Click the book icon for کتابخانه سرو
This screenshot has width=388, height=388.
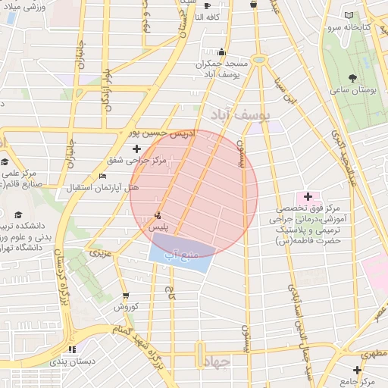coord(349,15)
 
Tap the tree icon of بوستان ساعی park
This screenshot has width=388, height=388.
coord(352,77)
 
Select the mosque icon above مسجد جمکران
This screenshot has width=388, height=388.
coord(221,52)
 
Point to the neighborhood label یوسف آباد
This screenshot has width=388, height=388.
coord(236,115)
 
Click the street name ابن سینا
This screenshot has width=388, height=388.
coord(289,90)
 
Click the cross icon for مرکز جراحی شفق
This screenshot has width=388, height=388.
coord(136,149)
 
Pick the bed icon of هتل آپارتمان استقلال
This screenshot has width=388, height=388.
coord(102,176)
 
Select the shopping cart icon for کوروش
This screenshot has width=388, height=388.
coord(124,296)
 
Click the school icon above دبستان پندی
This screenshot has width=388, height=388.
coord(73,349)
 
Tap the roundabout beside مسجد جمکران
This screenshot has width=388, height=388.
coord(259,59)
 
